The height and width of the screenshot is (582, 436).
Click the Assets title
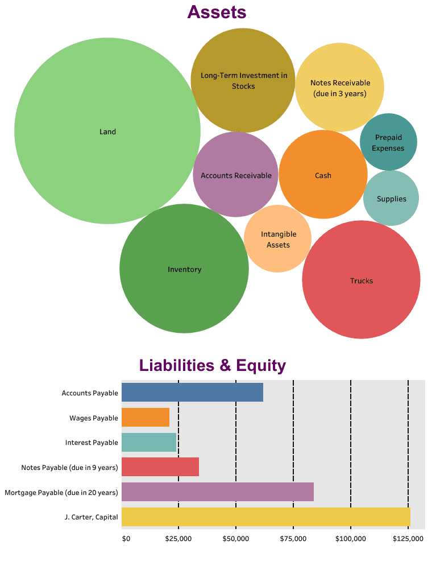[x=217, y=12]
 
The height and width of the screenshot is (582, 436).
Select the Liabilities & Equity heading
[x=212, y=365]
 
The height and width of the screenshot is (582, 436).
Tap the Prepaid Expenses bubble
[x=388, y=142]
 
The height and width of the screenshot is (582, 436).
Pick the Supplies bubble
[x=391, y=198]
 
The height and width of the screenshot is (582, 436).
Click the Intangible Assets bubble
[x=278, y=239]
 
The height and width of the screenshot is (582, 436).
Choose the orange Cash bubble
[x=323, y=175]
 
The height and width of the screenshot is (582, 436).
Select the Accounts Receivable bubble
[x=236, y=175]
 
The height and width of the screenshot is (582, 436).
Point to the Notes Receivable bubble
[x=340, y=87]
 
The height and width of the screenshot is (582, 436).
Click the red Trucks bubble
[x=361, y=280]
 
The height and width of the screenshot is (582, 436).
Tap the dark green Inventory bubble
[x=184, y=269]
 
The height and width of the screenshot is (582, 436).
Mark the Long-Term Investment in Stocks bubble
[x=243, y=80]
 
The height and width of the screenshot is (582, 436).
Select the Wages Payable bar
[x=146, y=418]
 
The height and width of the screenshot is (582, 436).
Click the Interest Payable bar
[x=149, y=442]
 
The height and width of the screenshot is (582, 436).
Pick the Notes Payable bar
[x=160, y=467]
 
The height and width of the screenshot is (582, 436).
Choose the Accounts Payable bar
[x=192, y=393]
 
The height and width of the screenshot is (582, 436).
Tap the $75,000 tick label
[x=293, y=538]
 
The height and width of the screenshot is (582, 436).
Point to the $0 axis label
[x=126, y=538]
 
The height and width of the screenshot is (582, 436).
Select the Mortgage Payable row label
[x=61, y=492]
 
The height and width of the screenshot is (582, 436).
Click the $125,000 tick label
[x=408, y=538]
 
